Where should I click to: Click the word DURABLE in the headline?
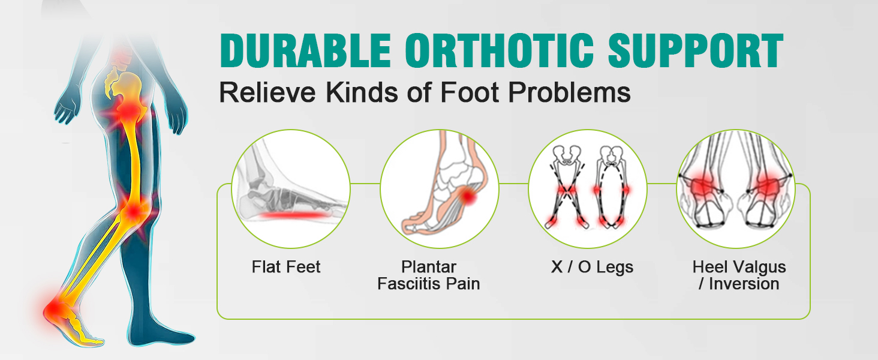(305, 50)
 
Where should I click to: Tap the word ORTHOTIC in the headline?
(500, 50)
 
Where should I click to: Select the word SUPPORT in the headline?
(696, 50)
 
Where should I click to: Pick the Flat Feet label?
(285, 267)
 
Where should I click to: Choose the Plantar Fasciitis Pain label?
(428, 275)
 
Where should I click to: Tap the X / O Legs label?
(592, 267)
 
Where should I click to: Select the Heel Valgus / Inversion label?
(739, 275)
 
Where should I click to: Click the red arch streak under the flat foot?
(294, 215)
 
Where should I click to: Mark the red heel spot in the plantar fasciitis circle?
(468, 196)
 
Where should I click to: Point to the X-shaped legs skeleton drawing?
(567, 187)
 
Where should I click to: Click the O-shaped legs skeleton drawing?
(612, 187)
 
